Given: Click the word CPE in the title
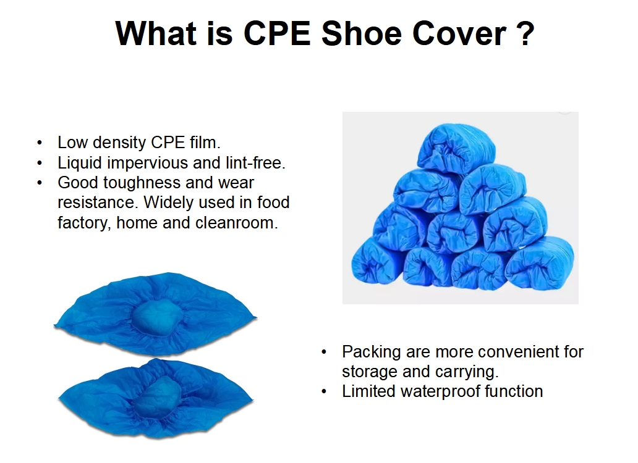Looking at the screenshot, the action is coord(277,33).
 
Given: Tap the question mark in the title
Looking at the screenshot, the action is coord(527,33).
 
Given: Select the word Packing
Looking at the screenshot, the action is coord(372,352).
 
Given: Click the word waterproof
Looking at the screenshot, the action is coord(440,392).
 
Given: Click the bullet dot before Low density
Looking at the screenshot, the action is coord(40,143).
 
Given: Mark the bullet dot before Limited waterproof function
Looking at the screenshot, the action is coord(324,392).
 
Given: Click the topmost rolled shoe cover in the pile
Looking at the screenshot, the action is coord(456,148).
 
